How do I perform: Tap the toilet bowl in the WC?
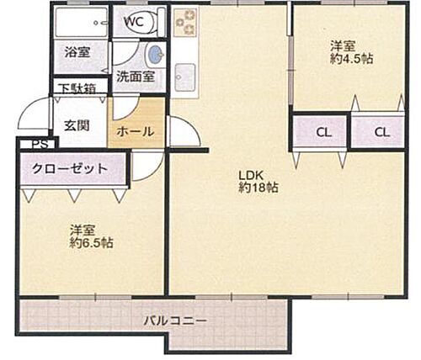click(155, 26)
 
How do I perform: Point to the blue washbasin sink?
click(155, 56)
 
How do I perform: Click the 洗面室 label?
click(134, 77)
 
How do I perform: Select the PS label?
click(38, 144)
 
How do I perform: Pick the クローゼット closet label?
click(70, 168)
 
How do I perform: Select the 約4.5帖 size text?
click(352, 60)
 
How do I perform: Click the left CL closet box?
click(322, 131)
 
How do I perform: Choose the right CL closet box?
click(381, 131)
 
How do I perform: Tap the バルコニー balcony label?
click(174, 320)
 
